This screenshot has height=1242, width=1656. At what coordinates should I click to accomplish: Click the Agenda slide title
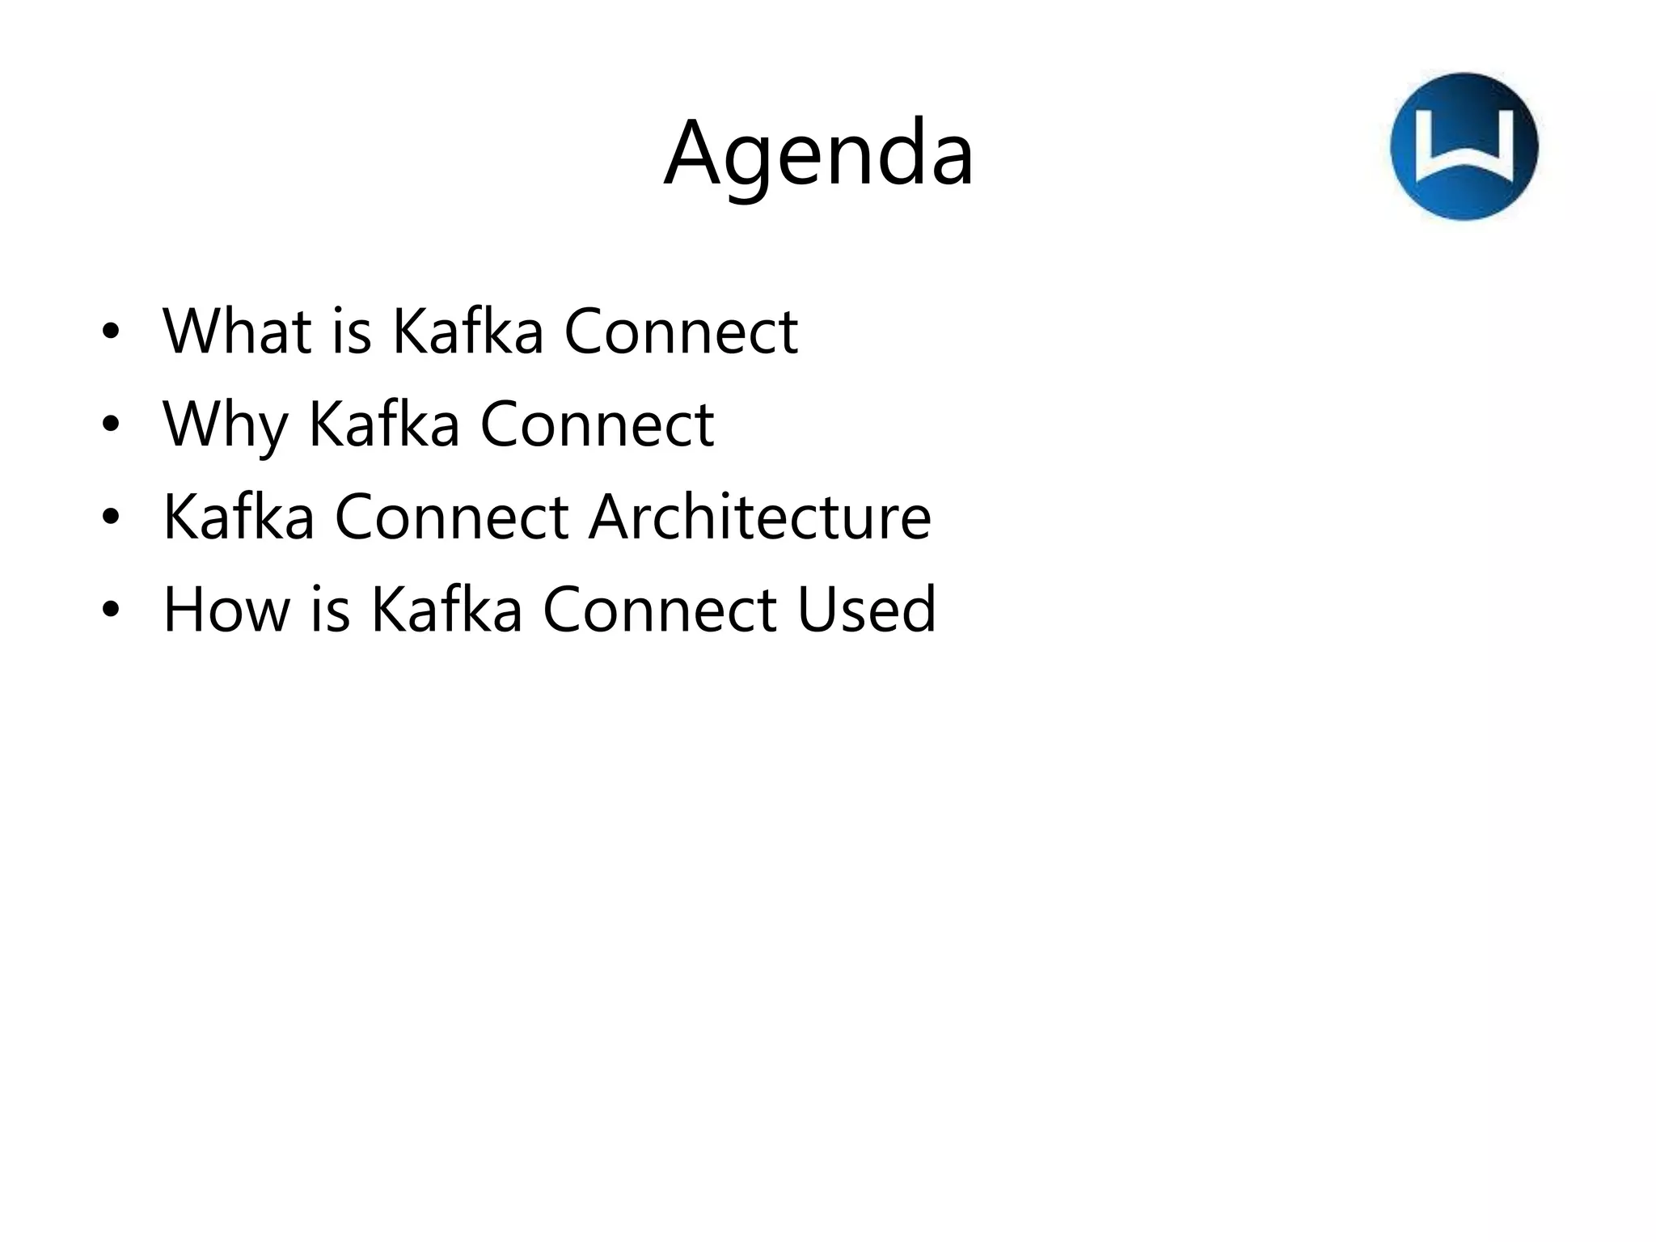818,154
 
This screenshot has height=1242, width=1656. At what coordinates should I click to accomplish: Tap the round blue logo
1464,146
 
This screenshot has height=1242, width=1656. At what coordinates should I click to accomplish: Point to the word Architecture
759,517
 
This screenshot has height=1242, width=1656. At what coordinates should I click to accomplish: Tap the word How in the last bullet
226,610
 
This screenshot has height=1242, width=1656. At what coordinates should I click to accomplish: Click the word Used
866,610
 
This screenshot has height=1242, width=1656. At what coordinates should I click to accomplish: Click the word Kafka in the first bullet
467,331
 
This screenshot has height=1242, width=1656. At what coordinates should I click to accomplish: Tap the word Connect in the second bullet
597,425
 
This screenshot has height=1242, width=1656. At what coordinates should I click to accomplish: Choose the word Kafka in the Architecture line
239,517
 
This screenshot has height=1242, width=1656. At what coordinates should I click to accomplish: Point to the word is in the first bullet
352,331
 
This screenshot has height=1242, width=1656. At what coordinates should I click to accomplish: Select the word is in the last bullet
330,610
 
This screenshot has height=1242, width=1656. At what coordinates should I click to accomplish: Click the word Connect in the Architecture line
451,517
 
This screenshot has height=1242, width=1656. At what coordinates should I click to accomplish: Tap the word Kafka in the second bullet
384,425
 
